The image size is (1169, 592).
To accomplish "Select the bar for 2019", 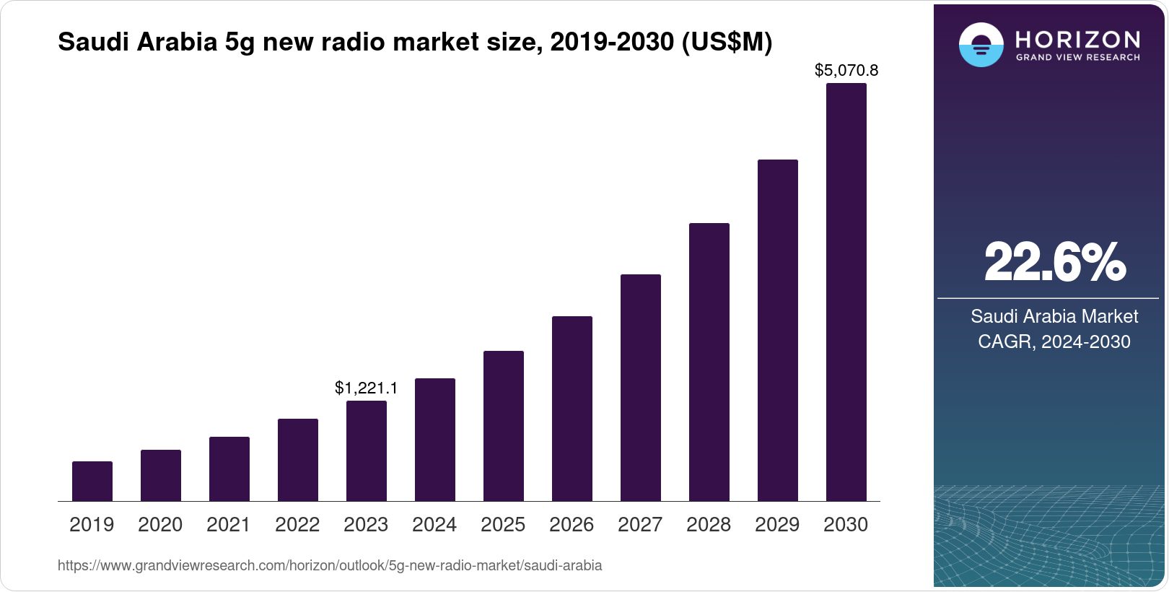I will (92, 481).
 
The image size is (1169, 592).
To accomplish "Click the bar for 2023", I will (367, 450).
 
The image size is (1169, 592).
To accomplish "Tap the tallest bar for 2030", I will (846, 292).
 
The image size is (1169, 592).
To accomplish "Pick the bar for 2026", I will (572, 409).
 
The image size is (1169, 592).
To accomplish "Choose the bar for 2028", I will (709, 362).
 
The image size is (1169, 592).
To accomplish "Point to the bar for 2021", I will (229, 469).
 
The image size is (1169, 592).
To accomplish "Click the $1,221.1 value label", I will (367, 388).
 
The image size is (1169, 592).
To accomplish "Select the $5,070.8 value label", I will (846, 70).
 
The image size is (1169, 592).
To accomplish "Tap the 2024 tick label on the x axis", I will (434, 525).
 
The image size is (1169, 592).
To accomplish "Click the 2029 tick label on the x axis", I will (777, 525).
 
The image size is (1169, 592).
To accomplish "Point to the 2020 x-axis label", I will (160, 525).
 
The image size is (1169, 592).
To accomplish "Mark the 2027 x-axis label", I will (640, 525).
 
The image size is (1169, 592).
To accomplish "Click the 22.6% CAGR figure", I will (1054, 262).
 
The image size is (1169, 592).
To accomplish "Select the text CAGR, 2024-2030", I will (1054, 341).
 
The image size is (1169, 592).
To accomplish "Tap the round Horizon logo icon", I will (981, 45).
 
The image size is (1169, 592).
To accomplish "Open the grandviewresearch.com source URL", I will (330, 565).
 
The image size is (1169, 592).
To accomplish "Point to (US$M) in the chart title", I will (727, 43).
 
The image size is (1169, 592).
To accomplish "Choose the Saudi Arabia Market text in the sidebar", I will (1054, 316).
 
